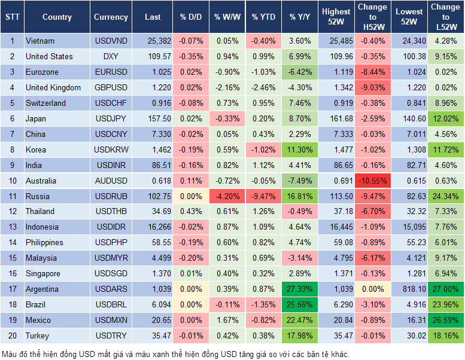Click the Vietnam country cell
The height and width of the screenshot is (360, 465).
[x=40, y=41]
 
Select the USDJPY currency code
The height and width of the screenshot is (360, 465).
[x=111, y=118]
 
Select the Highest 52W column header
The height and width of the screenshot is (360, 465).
[x=336, y=17]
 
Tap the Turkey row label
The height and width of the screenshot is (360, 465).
[x=37, y=335]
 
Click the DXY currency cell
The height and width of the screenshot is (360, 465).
[x=111, y=56]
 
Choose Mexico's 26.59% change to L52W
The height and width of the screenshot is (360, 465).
[x=445, y=320]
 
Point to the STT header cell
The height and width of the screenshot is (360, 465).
[x=12, y=17]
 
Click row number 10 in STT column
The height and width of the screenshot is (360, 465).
[x=12, y=181]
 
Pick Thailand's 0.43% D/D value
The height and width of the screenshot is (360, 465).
[x=191, y=211]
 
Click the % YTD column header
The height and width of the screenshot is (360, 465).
[x=263, y=17]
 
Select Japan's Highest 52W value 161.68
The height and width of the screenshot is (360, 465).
[x=336, y=118]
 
